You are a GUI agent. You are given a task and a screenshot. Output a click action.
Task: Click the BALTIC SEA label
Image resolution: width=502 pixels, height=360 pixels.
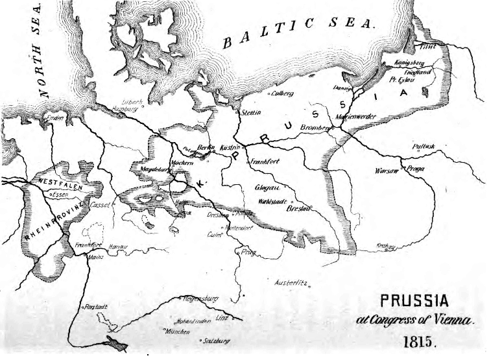pos(298,32)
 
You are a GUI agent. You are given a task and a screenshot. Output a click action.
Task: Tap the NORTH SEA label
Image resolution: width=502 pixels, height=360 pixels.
pos(44,49)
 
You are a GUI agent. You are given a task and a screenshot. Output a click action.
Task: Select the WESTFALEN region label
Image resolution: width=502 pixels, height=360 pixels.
pos(59,182)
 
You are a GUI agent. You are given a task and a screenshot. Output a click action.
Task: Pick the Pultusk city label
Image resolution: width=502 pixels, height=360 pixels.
pos(426,147)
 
